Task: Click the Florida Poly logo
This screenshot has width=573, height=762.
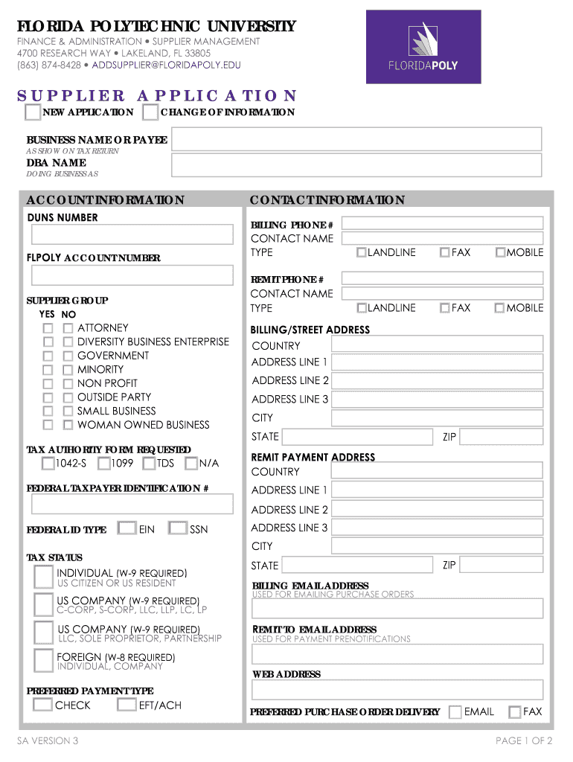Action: (x=423, y=47)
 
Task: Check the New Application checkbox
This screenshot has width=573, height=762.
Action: (x=33, y=112)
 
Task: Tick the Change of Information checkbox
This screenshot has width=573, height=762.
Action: (x=150, y=112)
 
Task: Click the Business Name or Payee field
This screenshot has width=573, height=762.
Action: (x=356, y=139)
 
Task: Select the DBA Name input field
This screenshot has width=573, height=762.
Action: (x=356, y=164)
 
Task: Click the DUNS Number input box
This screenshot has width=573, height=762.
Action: (x=132, y=235)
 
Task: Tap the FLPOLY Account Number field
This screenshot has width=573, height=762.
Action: (x=132, y=275)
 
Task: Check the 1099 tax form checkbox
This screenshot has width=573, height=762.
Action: (x=104, y=464)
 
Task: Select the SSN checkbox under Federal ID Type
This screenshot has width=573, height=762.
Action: (x=177, y=529)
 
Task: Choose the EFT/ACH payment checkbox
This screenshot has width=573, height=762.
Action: (x=127, y=705)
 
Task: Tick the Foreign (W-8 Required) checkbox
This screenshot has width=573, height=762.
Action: (x=44, y=660)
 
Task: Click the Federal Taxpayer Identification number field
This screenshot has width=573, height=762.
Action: (x=132, y=505)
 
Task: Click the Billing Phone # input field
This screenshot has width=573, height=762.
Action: (x=442, y=223)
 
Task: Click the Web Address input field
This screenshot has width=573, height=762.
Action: (x=397, y=690)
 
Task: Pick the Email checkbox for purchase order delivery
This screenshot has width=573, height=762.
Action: (x=455, y=712)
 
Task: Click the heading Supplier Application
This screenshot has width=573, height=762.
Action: (x=157, y=95)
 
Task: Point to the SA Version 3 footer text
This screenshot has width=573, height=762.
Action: (x=48, y=740)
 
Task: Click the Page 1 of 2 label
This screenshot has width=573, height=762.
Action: (x=523, y=740)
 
